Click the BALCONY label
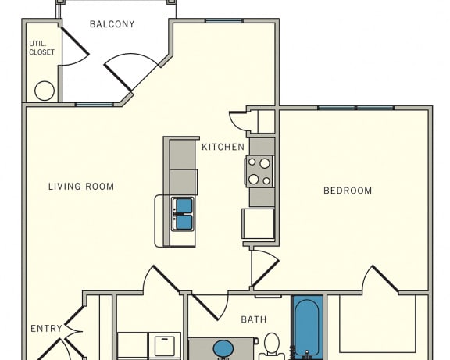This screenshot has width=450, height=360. tap(112, 24)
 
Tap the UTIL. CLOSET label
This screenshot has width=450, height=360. tap(42, 48)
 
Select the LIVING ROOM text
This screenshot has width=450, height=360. tap(81, 187)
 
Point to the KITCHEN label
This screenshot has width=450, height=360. tap(223, 147)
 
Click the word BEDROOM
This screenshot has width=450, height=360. tap(348, 191)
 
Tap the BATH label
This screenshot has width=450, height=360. tap(254, 319)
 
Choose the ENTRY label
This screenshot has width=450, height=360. tap(47, 329)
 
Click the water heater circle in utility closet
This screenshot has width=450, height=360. tap(45, 91)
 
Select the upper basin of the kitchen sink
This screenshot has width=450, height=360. tap(184, 205)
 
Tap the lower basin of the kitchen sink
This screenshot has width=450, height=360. tap(184, 223)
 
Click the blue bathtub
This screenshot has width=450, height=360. tap(307, 327)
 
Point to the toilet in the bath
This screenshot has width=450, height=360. tap(272, 346)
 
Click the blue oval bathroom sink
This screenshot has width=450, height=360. tap(223, 349)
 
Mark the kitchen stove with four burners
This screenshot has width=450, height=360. tap(259, 172)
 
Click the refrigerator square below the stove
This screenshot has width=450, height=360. tap(259, 223)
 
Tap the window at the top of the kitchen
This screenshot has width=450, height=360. tap(224, 20)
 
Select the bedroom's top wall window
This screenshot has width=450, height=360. tap(356, 108)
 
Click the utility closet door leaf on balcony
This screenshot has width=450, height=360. tap(75, 41)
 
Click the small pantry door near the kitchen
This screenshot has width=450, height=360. tap(239, 120)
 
